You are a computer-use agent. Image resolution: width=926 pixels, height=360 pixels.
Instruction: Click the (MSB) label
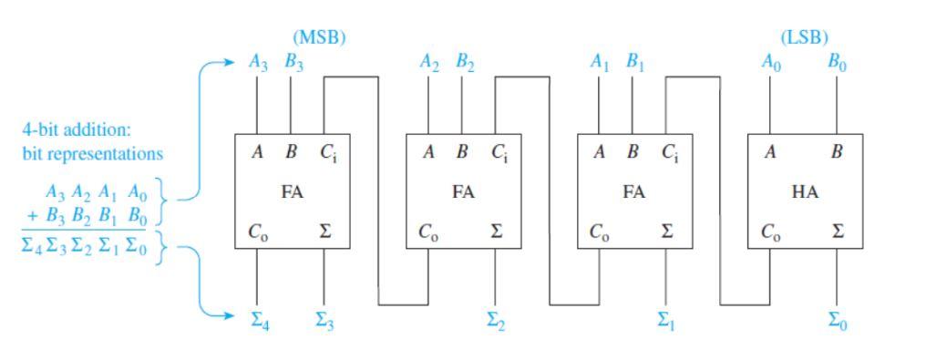[x=319, y=37]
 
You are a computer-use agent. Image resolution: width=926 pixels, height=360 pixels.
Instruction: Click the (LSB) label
[x=805, y=37]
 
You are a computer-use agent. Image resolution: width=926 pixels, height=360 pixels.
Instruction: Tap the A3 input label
[x=259, y=62]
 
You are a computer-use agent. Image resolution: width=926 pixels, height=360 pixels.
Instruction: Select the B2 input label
[x=464, y=62]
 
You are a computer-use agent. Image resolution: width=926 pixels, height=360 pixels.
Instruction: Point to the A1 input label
[x=599, y=62]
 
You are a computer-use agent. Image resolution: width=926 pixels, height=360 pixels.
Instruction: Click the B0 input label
[x=837, y=62]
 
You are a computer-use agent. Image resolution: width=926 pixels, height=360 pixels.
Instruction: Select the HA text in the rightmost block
[x=805, y=192]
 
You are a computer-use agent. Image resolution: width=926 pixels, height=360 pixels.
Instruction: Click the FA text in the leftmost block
[x=293, y=192]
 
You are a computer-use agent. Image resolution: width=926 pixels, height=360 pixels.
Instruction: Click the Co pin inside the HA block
[x=771, y=232]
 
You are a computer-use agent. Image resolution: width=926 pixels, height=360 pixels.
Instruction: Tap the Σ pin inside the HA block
[x=837, y=232]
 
